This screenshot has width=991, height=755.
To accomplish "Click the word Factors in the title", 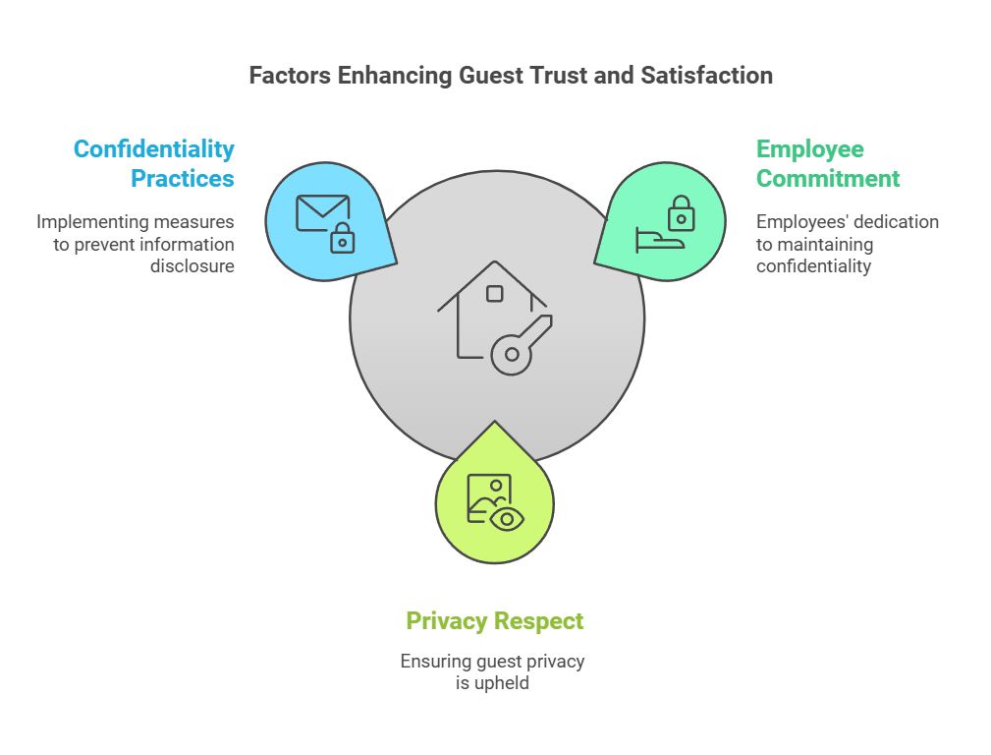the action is pos(290,76).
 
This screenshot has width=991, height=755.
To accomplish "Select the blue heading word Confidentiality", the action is pos(153,150).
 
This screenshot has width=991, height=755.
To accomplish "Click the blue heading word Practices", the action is pos(182,179).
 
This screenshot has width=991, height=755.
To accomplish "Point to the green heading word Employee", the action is pos(809,150).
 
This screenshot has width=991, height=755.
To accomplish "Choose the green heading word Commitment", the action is pos(828,179).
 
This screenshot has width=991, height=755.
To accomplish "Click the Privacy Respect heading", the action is pos(494,621).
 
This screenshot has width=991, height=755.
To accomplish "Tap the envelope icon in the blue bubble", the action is pos(322,212).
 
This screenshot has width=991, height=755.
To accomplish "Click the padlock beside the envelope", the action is pos(343,238).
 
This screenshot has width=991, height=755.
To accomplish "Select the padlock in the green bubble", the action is pos(682,213).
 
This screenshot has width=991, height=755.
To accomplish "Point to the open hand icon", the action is pos(660,241).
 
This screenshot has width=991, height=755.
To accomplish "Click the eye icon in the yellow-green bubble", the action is pos(507,520).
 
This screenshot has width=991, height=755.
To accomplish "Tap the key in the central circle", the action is pos(521,345).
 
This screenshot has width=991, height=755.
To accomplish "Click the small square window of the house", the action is pos(494,294).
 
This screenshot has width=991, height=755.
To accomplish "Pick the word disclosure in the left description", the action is pos(193,265).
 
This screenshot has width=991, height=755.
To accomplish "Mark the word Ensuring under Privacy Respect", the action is pos(436,662).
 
